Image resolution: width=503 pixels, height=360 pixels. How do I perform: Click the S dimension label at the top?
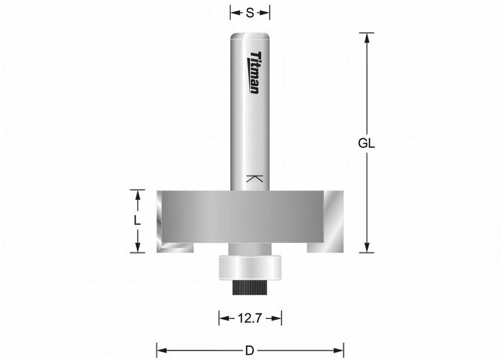point(250,13)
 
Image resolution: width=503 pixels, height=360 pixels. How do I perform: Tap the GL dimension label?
point(367,143)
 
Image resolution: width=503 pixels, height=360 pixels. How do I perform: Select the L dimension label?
point(137,221)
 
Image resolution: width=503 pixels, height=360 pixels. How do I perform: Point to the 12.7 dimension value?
point(250,318)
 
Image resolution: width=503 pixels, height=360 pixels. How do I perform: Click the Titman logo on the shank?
point(255,72)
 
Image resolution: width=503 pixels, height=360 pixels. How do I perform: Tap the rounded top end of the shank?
point(250,36)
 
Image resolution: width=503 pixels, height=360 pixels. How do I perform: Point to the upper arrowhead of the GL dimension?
point(368,37)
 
